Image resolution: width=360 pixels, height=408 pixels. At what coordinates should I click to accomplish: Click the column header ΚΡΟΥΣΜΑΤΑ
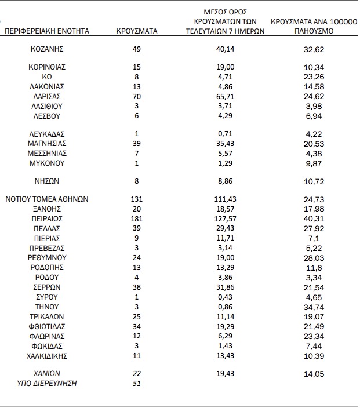point(137,31)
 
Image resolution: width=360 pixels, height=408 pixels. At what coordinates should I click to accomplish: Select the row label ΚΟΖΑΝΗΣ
point(46,49)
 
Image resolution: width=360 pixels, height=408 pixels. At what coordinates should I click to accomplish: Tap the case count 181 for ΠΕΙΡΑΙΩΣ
point(137,218)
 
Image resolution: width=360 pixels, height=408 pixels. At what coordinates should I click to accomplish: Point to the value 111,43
point(225,199)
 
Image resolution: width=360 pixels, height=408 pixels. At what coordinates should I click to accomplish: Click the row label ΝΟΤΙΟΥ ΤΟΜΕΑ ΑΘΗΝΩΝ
point(47,199)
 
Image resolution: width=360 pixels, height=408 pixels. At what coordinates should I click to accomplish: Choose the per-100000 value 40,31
point(313,218)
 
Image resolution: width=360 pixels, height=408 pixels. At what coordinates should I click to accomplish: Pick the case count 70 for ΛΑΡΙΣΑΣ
point(137,96)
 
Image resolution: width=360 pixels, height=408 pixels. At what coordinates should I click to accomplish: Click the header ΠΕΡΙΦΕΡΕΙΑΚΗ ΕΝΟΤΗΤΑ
point(47,31)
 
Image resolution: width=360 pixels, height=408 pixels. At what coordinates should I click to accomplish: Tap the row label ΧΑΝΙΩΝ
point(46,373)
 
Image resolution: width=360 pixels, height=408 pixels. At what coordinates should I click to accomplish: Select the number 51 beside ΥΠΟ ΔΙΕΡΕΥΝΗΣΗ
point(137,384)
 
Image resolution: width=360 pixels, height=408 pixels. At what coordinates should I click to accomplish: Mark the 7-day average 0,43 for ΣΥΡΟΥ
point(225,297)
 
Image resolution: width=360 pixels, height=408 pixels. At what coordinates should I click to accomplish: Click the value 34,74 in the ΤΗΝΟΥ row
point(313,307)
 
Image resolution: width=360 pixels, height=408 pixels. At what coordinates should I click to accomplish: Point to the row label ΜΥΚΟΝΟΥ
point(47,163)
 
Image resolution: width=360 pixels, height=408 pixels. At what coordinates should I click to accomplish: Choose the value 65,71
point(225,96)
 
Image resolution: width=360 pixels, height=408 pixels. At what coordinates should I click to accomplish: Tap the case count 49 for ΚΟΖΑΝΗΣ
point(137,49)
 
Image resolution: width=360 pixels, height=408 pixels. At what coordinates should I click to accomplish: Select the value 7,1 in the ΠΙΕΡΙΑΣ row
point(313,238)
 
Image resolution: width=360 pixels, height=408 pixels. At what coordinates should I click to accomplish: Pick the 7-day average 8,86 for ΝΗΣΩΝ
point(225,181)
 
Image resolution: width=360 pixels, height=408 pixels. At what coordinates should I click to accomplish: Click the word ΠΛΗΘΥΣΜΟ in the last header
point(313,31)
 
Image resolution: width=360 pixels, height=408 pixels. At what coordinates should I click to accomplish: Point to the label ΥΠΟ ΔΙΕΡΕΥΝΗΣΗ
point(47,384)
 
